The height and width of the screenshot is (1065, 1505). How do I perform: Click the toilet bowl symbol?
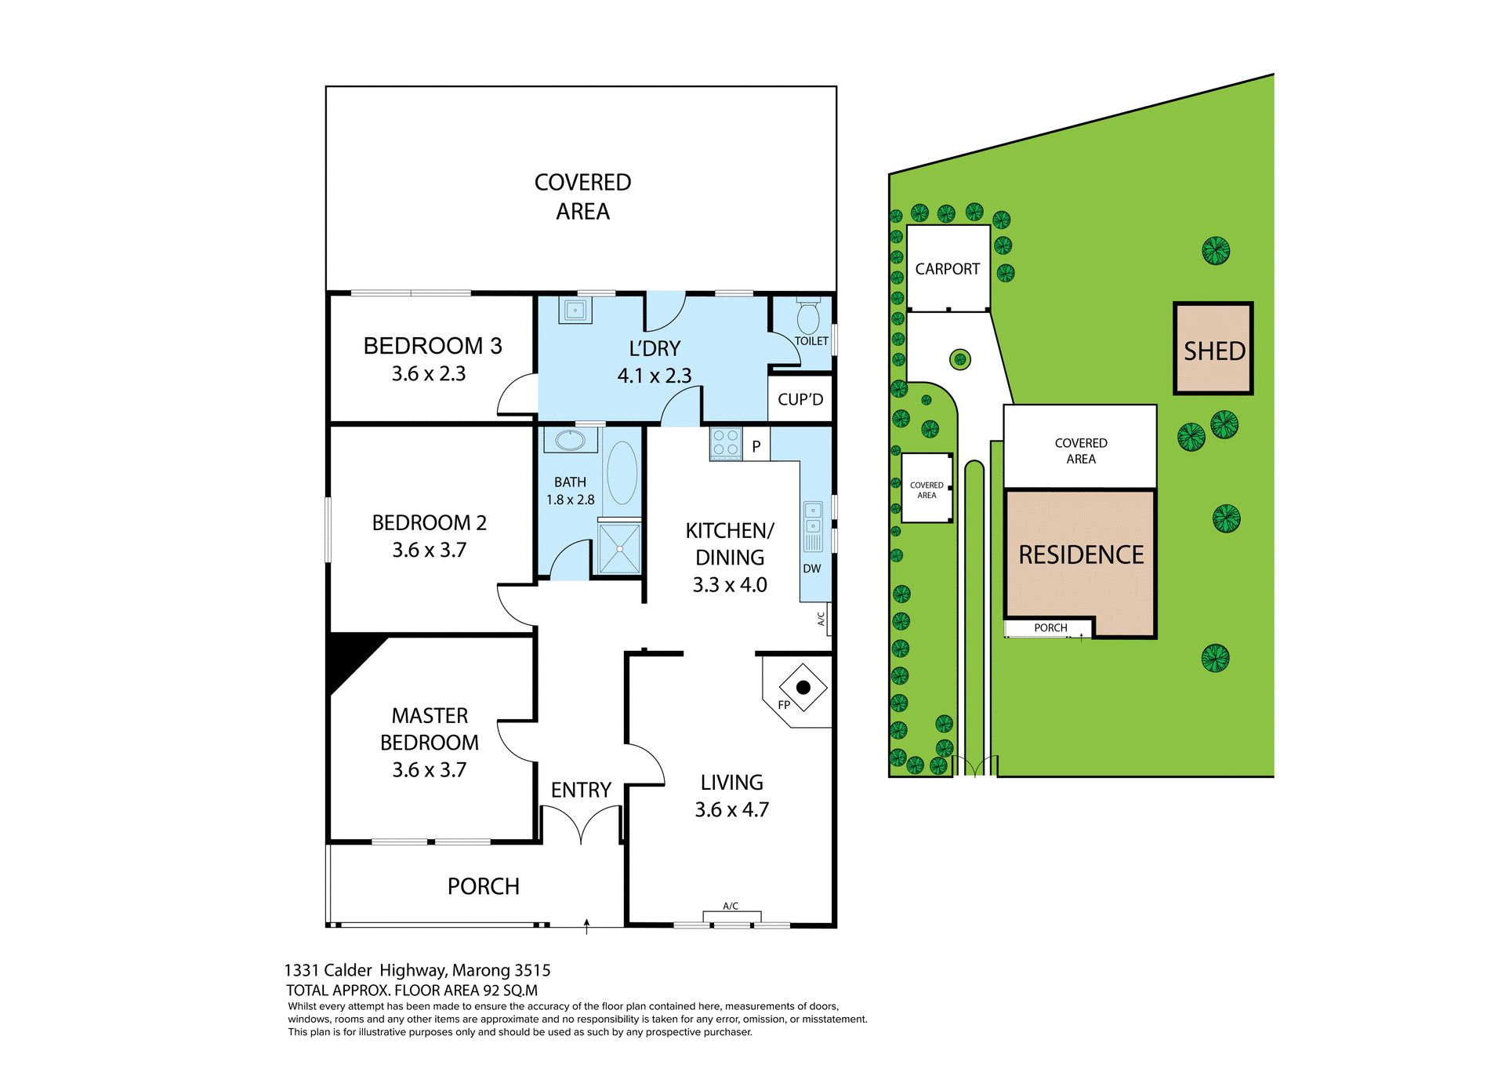808,318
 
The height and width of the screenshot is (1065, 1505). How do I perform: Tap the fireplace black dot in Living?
803,688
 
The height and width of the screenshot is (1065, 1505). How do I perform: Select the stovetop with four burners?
726,443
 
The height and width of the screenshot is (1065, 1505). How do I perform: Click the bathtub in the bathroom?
622,473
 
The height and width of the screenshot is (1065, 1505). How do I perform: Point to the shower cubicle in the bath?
619,548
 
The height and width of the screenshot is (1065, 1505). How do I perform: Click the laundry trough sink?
575,310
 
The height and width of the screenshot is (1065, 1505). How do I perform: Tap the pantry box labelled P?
756,446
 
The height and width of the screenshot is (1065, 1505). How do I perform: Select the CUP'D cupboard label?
800,400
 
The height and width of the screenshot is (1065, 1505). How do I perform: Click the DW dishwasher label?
812,569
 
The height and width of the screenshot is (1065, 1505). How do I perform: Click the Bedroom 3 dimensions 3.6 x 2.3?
429,374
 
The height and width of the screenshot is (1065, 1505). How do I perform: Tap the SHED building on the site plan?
1213,349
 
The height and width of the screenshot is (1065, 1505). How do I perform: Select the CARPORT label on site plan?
947,269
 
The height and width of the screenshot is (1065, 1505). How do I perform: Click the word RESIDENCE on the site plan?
1081,555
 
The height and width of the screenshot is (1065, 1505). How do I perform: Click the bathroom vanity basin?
571,440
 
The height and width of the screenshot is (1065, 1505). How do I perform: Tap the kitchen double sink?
814,518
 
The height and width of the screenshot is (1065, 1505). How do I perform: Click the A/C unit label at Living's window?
731,906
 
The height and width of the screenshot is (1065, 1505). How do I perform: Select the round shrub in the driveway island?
960,360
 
